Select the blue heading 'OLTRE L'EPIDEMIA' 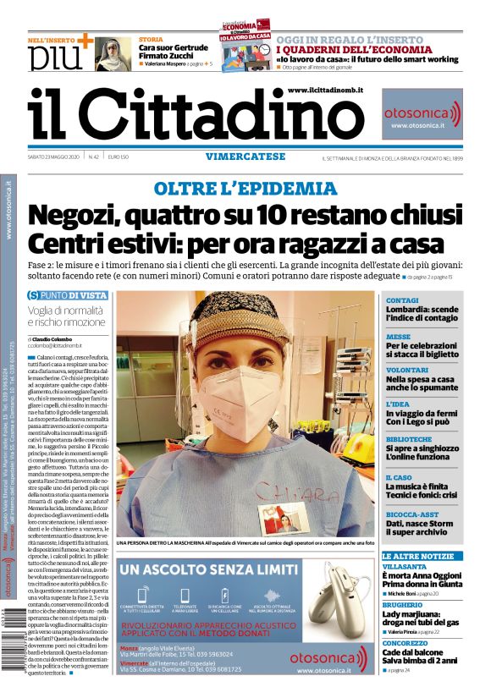(x=245, y=188)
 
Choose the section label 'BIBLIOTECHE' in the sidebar (x=408, y=439)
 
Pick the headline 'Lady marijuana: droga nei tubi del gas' (x=421, y=617)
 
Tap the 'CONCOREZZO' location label (x=408, y=642)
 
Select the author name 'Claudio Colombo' (x=57, y=338)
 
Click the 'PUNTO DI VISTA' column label (x=72, y=295)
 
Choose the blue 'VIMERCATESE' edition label (x=244, y=156)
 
